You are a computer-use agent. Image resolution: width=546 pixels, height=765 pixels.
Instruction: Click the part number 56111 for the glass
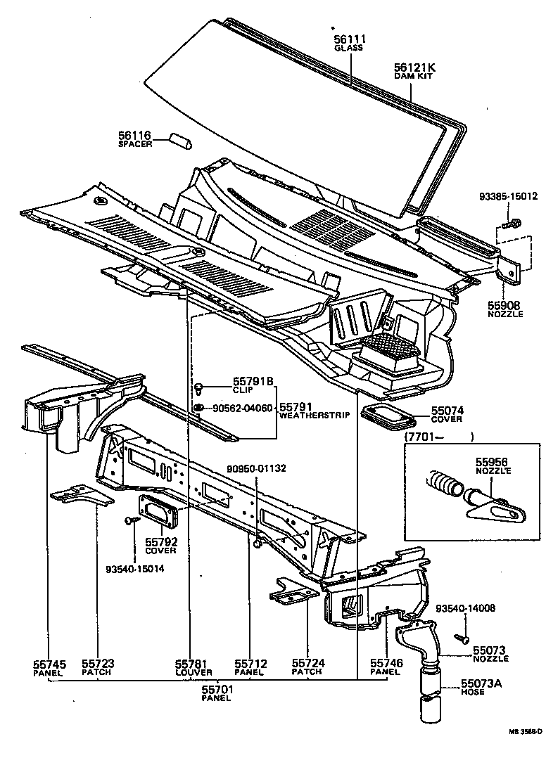[349, 39]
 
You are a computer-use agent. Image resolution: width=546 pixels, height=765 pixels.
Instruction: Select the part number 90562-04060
[242, 408]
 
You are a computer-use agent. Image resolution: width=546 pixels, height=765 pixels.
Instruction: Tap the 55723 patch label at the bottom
[97, 663]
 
